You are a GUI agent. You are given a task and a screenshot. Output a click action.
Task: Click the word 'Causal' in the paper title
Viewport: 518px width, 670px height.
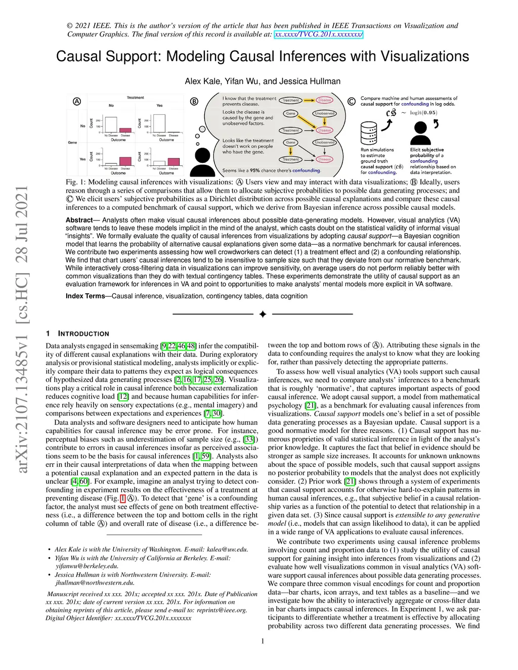[83, 56]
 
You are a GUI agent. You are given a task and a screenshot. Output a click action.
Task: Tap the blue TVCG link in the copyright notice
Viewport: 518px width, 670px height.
[318, 34]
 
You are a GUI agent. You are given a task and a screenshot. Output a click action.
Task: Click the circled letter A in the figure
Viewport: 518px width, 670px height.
[77, 101]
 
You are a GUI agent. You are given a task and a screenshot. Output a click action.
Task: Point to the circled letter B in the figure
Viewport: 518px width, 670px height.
[194, 101]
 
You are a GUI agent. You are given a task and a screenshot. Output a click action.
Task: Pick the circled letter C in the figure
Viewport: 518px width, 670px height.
[352, 101]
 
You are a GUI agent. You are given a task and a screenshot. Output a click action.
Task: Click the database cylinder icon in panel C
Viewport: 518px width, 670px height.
[369, 133]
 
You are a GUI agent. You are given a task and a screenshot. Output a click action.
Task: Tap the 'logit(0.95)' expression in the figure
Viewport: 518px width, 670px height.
[423, 113]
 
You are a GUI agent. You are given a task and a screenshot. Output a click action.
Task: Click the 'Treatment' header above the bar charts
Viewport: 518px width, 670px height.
[135, 98]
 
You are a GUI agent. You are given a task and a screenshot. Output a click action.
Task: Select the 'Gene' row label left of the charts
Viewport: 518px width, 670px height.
[72, 143]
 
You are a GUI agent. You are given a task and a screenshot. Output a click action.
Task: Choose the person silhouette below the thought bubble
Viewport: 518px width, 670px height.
[203, 162]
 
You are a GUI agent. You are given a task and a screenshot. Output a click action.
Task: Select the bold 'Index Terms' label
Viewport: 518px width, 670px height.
[85, 296]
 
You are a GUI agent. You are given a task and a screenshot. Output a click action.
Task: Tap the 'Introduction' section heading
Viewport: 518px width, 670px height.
[83, 334]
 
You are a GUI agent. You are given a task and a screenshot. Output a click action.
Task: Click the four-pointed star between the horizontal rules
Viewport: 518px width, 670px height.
[263, 315]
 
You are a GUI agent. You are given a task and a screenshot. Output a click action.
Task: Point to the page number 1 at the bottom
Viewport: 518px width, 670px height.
[263, 641]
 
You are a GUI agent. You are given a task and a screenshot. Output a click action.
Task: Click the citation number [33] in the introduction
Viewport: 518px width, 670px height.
[249, 439]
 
